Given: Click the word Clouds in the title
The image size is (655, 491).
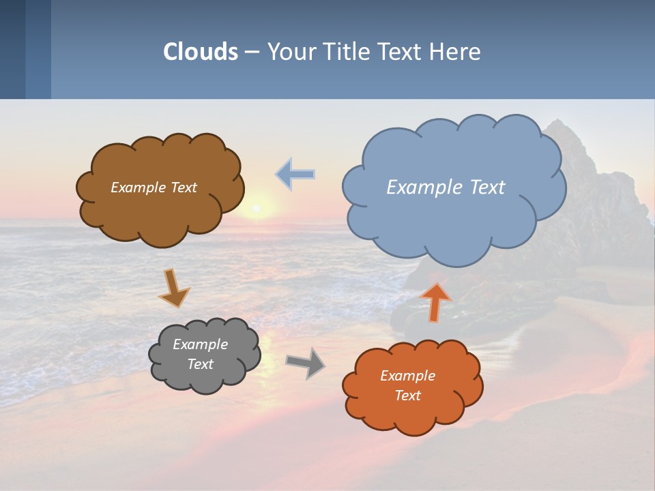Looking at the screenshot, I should pyautogui.click(x=201, y=52).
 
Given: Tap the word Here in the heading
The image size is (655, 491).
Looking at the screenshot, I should pyautogui.click(x=456, y=52).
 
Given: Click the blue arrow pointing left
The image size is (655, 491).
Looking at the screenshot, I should pyautogui.click(x=295, y=175).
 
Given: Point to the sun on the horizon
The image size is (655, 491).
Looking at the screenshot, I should pyautogui.click(x=257, y=207).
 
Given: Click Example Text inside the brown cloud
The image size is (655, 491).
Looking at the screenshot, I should pyautogui.click(x=154, y=188).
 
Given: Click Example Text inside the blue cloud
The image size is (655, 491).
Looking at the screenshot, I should pyautogui.click(x=446, y=188).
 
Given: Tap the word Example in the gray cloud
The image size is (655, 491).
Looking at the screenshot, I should pyautogui.click(x=200, y=345).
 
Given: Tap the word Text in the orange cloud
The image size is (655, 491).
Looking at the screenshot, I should pyautogui.click(x=407, y=396).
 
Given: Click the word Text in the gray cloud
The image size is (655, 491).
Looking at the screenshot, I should pyautogui.click(x=200, y=364).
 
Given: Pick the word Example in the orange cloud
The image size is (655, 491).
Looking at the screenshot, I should pyautogui.click(x=407, y=376).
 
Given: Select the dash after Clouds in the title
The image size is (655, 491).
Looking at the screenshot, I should pyautogui.click(x=251, y=53).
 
